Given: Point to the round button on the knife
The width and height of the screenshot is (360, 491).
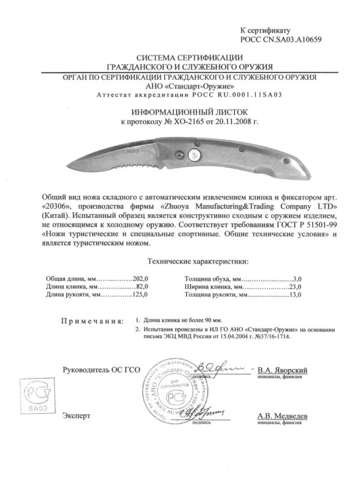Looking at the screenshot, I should pyautogui.click(x=194, y=153).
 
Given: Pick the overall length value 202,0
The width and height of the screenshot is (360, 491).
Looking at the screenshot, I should pyautogui.click(x=142, y=278).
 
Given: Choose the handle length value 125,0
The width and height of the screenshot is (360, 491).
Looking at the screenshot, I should pyautogui.click(x=141, y=295).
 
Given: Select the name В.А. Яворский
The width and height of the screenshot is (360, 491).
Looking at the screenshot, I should pyautogui.click(x=283, y=371).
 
